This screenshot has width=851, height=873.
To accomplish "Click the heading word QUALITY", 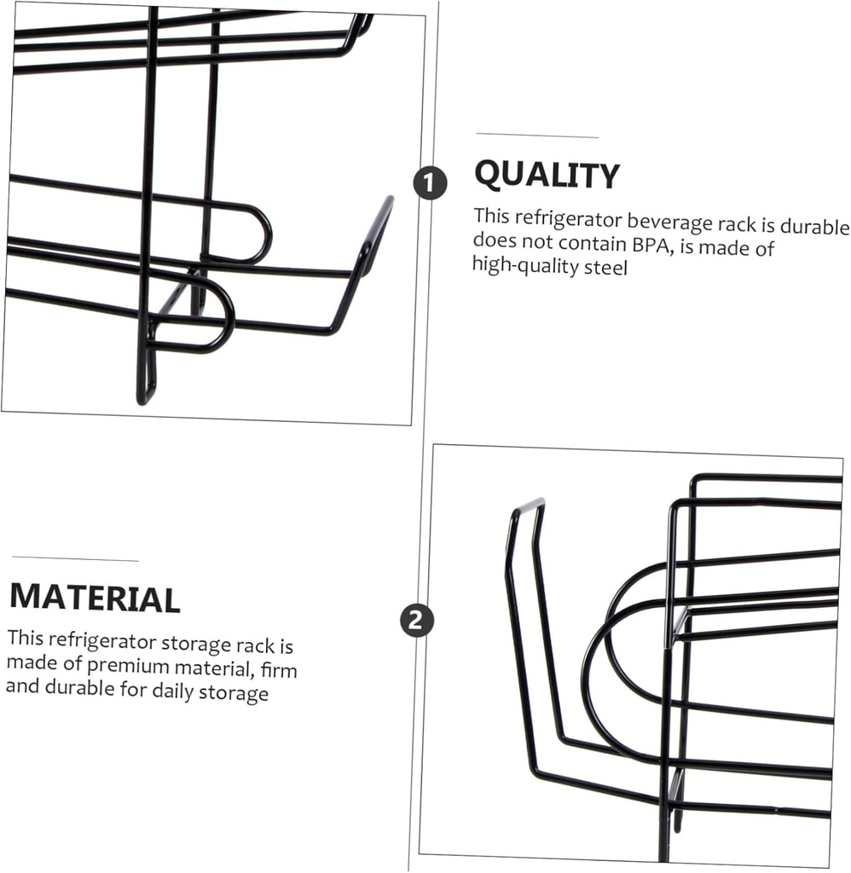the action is coord(547,174).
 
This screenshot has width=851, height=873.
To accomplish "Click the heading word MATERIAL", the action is coord(95,598).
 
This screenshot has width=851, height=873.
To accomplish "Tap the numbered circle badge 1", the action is coord(430,182).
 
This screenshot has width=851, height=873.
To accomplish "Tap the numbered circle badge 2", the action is coord(417,620).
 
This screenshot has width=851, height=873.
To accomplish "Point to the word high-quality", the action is coord(524,266).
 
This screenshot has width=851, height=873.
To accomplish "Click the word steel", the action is coord(605,268).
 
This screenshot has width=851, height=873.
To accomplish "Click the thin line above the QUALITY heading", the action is coord(537,136).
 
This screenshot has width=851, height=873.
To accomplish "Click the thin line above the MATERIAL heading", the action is coord(75,558).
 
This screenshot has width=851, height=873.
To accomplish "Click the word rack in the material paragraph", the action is coord(255,645).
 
